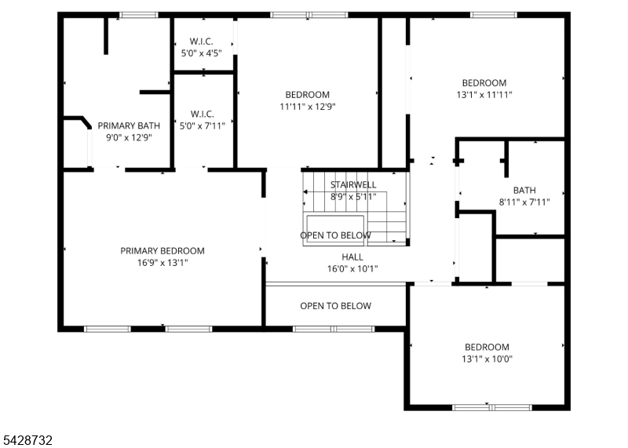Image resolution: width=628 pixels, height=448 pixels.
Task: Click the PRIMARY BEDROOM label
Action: pyautogui.click(x=162, y=251)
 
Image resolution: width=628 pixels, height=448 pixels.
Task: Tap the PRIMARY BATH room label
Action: pyautogui.click(x=129, y=126)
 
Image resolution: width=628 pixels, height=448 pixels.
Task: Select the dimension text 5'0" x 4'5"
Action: pyautogui.click(x=201, y=53)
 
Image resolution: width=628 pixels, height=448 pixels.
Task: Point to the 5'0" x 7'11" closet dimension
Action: pyautogui.click(x=202, y=126)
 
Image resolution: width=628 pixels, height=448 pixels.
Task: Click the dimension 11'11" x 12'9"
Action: pyautogui.click(x=308, y=107)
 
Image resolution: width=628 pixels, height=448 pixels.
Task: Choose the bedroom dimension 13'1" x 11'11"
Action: pyautogui.click(x=484, y=95)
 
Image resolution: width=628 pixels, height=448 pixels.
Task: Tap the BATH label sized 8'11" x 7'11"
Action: pyautogui.click(x=524, y=190)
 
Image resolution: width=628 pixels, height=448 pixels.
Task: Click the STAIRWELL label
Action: pyautogui.click(x=353, y=184)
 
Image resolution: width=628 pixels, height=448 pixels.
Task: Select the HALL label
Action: pyautogui.click(x=352, y=257)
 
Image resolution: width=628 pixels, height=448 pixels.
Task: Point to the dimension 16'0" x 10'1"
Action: pyautogui.click(x=352, y=268)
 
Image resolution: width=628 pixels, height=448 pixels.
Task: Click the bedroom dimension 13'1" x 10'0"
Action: pyautogui.click(x=487, y=359)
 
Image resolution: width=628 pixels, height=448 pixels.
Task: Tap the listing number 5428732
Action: pyautogui.click(x=27, y=440)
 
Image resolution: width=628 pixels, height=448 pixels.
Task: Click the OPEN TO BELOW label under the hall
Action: pyautogui.click(x=336, y=306)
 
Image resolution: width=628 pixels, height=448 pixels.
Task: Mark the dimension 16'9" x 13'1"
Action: pyautogui.click(x=162, y=263)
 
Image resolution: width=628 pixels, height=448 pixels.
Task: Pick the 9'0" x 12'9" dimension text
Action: pyautogui.click(x=129, y=138)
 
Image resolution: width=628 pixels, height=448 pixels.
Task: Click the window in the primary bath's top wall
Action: pyautogui.click(x=139, y=15)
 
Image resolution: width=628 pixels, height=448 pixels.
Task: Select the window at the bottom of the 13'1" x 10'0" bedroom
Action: pyautogui.click(x=492, y=407)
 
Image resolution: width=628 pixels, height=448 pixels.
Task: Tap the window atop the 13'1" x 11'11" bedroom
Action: pyautogui.click(x=494, y=15)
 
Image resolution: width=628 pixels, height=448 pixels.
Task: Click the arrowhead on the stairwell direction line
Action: pyautogui.click(x=305, y=191)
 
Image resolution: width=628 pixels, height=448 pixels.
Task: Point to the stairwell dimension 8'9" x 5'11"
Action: pyautogui.click(x=353, y=197)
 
